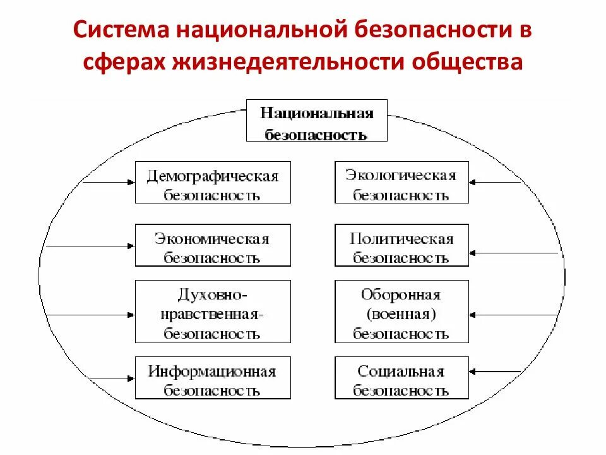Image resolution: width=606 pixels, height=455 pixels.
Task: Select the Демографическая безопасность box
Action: (213, 182)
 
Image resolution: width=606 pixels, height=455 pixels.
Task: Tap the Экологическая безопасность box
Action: (401, 182)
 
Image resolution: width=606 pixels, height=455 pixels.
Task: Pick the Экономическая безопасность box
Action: (213, 245)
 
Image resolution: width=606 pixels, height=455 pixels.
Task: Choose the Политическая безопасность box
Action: (401, 245)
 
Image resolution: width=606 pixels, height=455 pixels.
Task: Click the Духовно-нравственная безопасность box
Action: (213, 312)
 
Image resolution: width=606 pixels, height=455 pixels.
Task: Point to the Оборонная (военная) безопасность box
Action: (401, 312)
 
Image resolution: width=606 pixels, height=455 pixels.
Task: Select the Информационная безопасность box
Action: (213, 378)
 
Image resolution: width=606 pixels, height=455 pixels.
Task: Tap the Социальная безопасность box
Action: (401, 378)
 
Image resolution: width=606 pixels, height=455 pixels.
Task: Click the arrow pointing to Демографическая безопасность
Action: (107, 182)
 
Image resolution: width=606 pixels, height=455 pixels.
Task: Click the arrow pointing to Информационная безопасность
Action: (107, 378)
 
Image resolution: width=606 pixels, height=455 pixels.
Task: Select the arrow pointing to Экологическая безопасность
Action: (496, 183)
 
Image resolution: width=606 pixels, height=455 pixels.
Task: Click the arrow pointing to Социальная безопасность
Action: (496, 371)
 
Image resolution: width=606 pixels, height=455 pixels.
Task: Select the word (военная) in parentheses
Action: (401, 313)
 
